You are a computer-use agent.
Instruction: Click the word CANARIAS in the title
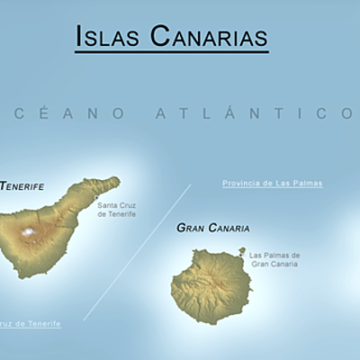[x=208, y=36]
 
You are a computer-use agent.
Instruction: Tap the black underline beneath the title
[x=171, y=52]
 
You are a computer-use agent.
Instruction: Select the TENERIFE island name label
[x=22, y=186]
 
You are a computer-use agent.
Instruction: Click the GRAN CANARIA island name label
[x=213, y=229]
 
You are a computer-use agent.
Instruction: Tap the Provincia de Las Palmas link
[x=272, y=184]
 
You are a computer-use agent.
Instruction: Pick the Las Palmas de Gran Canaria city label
[x=275, y=259]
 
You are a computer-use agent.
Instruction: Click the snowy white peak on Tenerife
[x=29, y=233]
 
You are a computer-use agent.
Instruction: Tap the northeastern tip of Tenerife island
[x=115, y=180]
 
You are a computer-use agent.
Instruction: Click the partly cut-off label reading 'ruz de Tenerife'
[x=31, y=323]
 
